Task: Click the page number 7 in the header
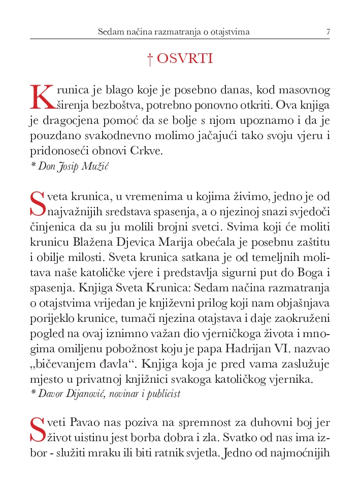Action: [328, 32]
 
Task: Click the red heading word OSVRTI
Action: [185, 59]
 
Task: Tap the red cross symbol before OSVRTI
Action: [150, 59]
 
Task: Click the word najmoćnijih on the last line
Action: [304, 450]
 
